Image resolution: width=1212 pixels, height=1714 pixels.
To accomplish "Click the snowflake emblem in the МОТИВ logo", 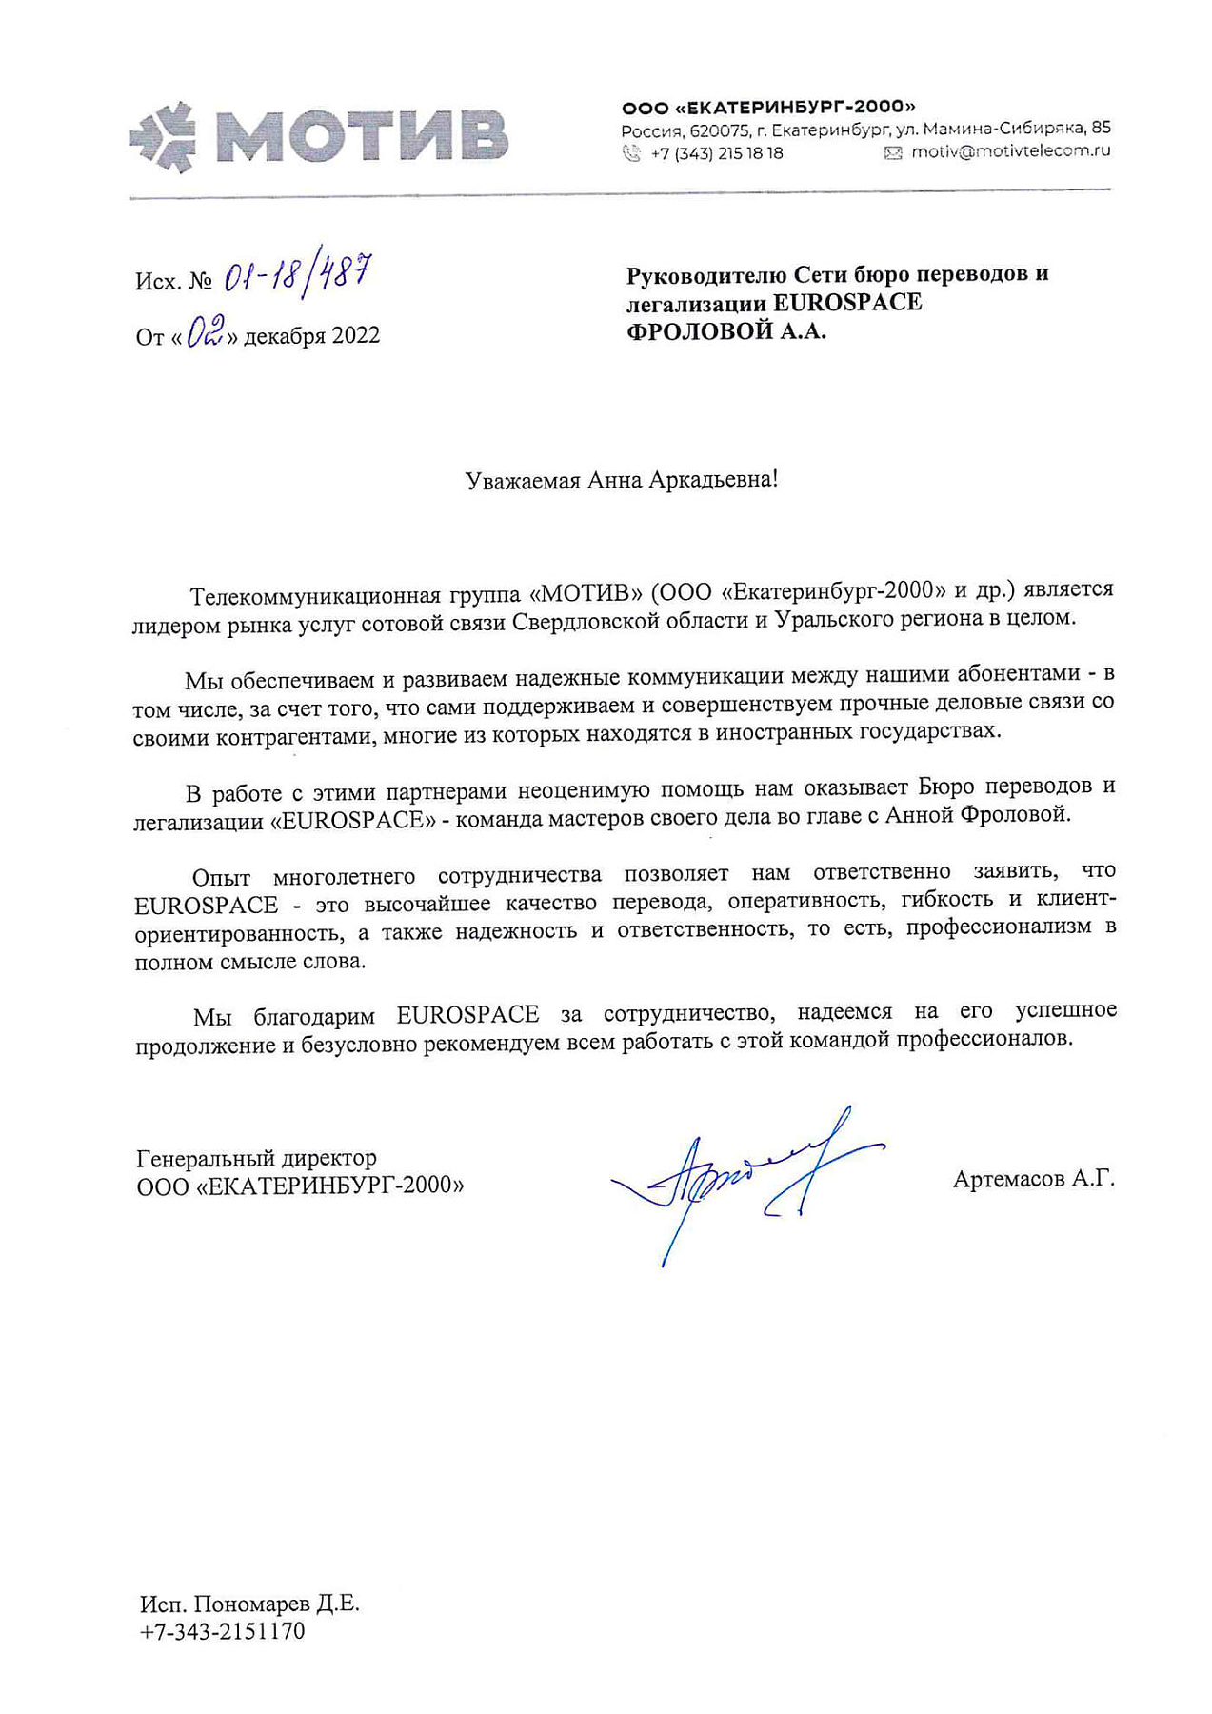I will pyautogui.click(x=162, y=137).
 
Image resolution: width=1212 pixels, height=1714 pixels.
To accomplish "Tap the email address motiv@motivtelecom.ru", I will pyautogui.click(x=1010, y=151).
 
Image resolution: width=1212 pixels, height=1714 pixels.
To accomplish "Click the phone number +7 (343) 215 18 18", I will pyautogui.click(x=716, y=152).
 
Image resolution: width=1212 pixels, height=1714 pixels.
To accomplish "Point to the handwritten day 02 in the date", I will pyautogui.click(x=205, y=332).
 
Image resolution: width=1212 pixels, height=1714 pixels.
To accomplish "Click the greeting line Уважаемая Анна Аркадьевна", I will pyautogui.click(x=621, y=480).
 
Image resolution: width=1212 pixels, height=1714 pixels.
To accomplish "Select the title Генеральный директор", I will pyautogui.click(x=257, y=1159).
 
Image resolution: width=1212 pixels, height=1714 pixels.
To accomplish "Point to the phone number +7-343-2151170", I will pyautogui.click(x=222, y=1631).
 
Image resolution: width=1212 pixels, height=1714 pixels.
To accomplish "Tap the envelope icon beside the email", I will pyautogui.click(x=892, y=152).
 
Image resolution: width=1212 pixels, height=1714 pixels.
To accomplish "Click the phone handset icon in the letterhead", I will pyautogui.click(x=630, y=152).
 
